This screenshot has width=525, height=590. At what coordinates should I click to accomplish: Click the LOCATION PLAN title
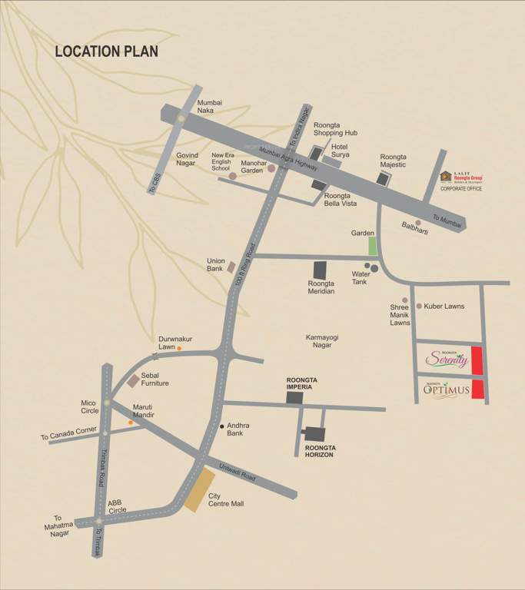click(106, 51)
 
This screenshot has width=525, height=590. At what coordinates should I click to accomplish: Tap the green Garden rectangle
click(373, 246)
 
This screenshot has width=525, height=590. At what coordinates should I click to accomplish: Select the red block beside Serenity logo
click(477, 360)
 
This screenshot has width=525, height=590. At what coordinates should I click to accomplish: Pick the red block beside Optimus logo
click(477, 389)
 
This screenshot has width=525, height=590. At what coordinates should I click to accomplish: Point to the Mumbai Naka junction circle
click(181, 118)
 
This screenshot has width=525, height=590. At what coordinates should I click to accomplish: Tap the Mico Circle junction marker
click(107, 403)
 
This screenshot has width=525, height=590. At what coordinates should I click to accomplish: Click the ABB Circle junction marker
click(98, 522)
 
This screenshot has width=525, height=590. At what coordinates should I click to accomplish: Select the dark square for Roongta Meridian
click(320, 270)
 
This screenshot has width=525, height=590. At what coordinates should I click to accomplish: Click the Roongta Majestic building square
click(383, 178)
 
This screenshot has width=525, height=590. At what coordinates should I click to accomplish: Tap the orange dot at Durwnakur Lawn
click(179, 349)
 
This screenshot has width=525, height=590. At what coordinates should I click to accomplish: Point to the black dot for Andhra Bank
click(222, 426)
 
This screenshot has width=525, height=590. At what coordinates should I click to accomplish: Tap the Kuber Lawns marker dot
click(419, 306)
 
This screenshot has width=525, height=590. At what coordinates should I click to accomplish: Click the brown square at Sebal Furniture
click(133, 380)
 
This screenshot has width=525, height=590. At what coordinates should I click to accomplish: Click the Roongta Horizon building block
click(314, 434)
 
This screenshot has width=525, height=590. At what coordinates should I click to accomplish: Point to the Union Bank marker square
click(231, 267)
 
